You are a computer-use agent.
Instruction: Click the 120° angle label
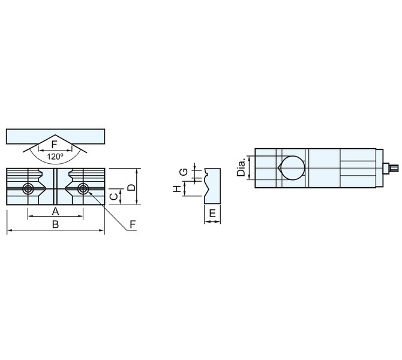click(55, 157)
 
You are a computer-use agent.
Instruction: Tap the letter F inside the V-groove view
click(54, 145)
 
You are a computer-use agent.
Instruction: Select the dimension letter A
click(55, 212)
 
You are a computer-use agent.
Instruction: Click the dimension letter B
click(55, 224)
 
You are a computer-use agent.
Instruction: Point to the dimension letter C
click(113, 196)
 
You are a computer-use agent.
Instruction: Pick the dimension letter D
click(131, 187)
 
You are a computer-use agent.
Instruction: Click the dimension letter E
click(212, 214)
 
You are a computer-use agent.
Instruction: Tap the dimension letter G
click(184, 172)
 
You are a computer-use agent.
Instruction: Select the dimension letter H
click(177, 189)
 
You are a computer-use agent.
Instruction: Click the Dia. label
click(241, 167)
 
